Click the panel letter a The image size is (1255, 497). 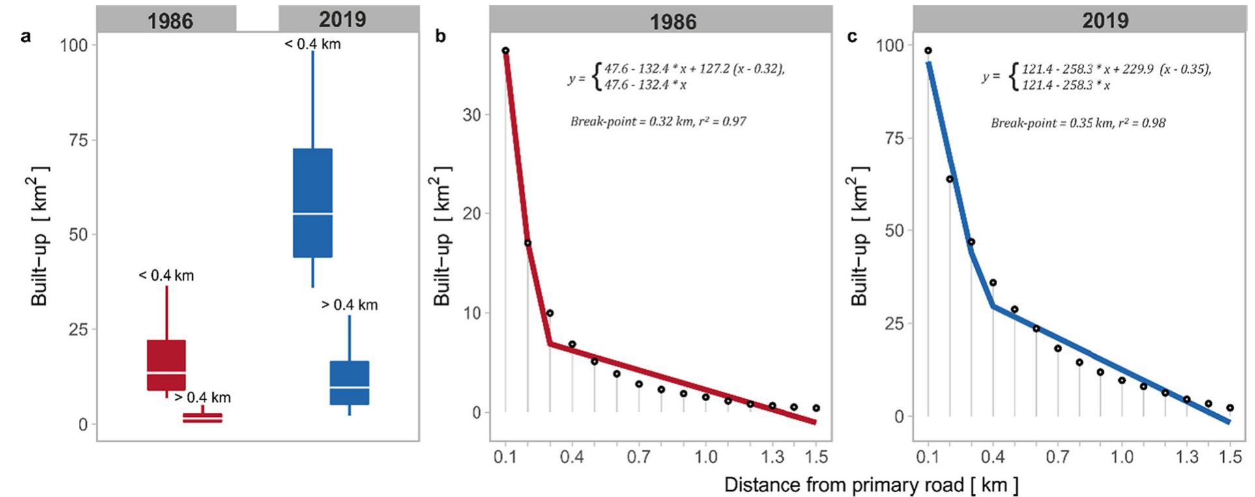(25, 37)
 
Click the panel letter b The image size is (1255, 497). (440, 37)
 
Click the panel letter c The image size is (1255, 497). (852, 37)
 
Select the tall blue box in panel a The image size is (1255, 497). (313, 203)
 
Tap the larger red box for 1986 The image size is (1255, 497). (166, 365)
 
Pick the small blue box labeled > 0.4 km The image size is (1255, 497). (349, 383)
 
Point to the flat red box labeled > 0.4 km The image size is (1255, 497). (202, 417)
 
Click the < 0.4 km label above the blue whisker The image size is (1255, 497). (313, 44)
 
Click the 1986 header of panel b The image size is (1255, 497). (673, 22)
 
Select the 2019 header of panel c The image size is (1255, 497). (1105, 21)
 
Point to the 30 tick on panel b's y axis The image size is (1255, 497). (471, 115)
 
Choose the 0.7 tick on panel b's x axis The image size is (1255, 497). (639, 457)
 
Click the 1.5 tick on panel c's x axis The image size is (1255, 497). (1230, 457)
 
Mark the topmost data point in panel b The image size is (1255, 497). (506, 50)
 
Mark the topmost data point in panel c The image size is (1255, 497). (928, 50)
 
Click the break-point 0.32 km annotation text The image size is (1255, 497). (658, 121)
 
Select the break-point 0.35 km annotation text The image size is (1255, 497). (1078, 123)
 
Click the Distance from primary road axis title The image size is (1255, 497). (871, 485)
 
